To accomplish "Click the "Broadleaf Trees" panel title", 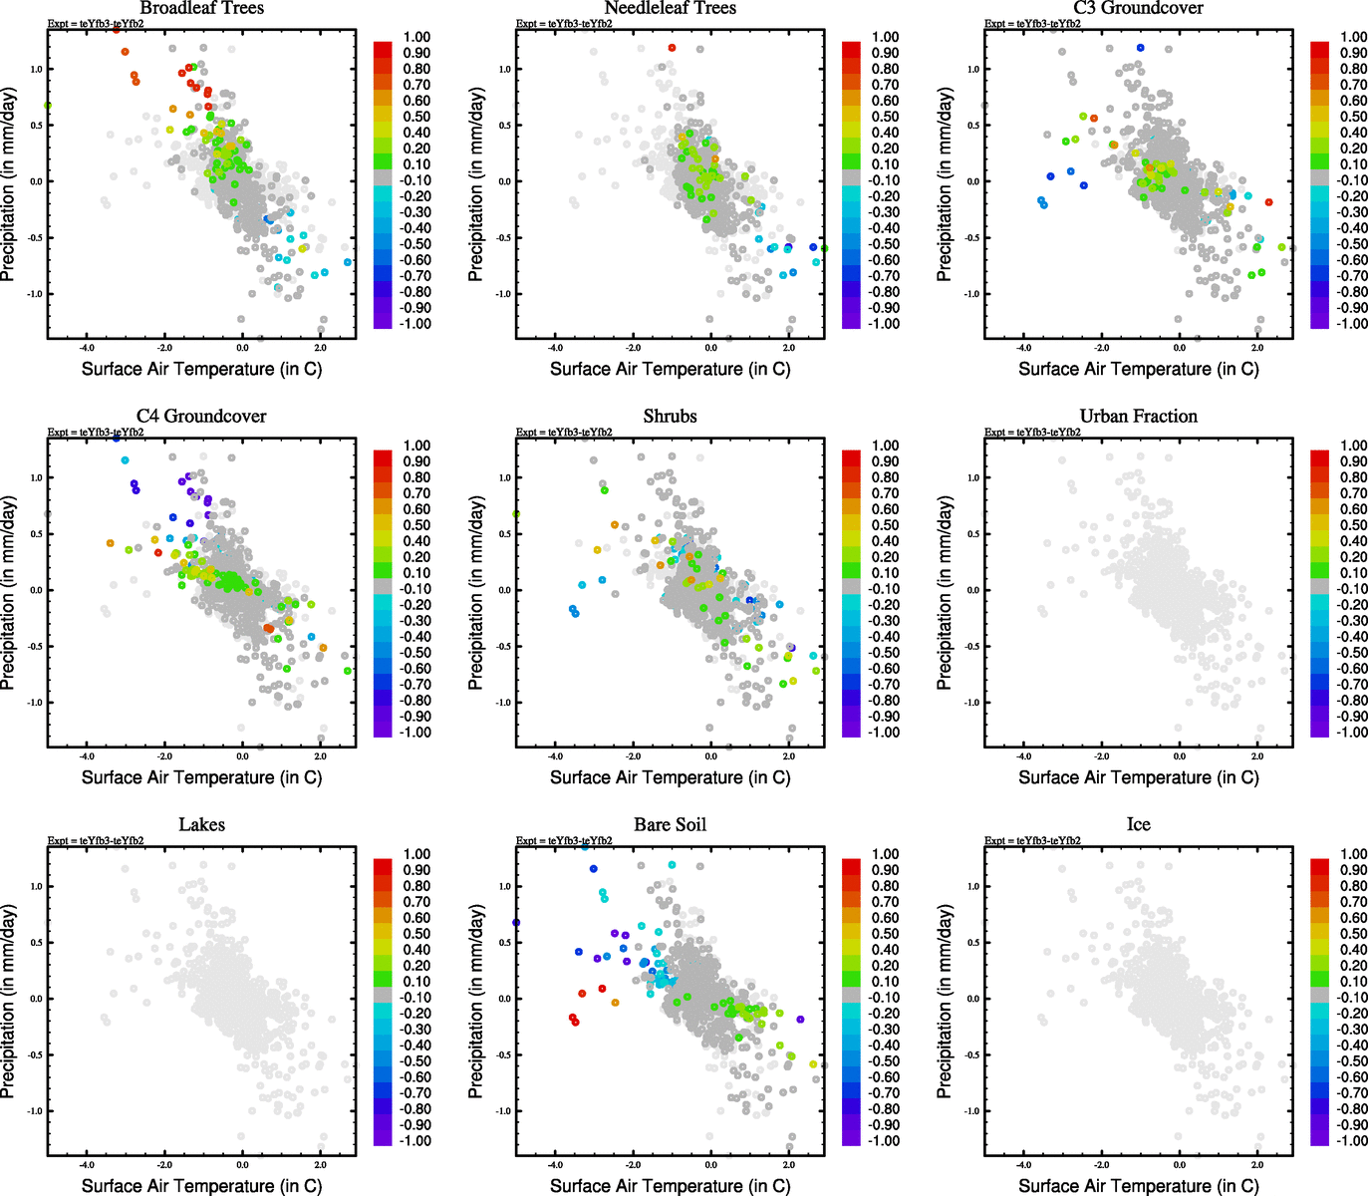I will pyautogui.click(x=201, y=8).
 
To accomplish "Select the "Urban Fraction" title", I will pyautogui.click(x=1138, y=417).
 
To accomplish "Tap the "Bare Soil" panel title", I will pyautogui.click(x=670, y=825).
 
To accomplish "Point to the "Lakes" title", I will pyautogui.click(x=201, y=825).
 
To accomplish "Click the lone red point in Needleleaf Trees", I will pyautogui.click(x=672, y=48).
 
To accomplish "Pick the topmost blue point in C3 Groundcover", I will pyautogui.click(x=1141, y=48).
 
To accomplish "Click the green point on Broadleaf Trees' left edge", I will pyautogui.click(x=48, y=106).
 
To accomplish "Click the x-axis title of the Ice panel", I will pyautogui.click(x=1138, y=1186).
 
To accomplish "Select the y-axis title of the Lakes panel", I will pyautogui.click(x=9, y=1002).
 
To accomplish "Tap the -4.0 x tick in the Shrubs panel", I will pyautogui.click(x=555, y=756).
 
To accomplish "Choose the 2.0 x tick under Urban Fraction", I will pyautogui.click(x=1257, y=756).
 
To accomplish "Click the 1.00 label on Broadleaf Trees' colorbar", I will pyautogui.click(x=416, y=37).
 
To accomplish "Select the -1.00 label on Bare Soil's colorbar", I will pyautogui.click(x=884, y=1141).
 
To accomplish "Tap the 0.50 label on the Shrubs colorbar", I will pyautogui.click(x=886, y=525).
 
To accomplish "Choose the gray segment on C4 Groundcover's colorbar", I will pyautogui.click(x=383, y=588).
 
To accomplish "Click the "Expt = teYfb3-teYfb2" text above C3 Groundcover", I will pyautogui.click(x=1031, y=23).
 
